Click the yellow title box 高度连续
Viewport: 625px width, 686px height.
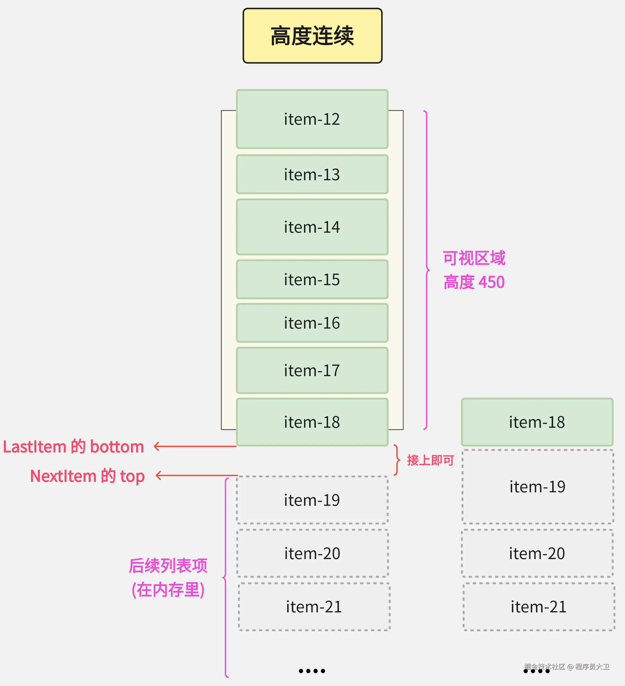tap(312, 36)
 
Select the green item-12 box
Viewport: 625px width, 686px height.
tap(312, 119)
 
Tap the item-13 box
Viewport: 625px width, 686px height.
tap(312, 174)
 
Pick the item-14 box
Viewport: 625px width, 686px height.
tap(312, 227)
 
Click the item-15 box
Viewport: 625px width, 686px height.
tap(312, 279)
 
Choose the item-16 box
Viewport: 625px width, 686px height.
tap(312, 323)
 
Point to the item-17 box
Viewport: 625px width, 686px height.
tap(312, 370)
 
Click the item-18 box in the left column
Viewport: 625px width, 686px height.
tap(312, 422)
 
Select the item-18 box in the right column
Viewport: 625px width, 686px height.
tap(537, 422)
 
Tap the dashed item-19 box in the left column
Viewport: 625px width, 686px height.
tap(312, 500)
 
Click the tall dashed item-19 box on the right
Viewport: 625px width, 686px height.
tap(537, 487)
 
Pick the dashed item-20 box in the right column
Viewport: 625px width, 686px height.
tap(537, 553)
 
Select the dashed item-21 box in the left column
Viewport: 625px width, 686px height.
tap(314, 607)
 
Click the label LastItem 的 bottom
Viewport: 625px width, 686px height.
tap(73, 446)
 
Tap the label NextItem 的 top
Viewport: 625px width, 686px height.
tap(87, 476)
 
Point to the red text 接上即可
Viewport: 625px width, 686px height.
tap(430, 460)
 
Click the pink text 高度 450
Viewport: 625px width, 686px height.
tap(474, 282)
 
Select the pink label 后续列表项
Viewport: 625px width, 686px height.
tap(168, 566)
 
